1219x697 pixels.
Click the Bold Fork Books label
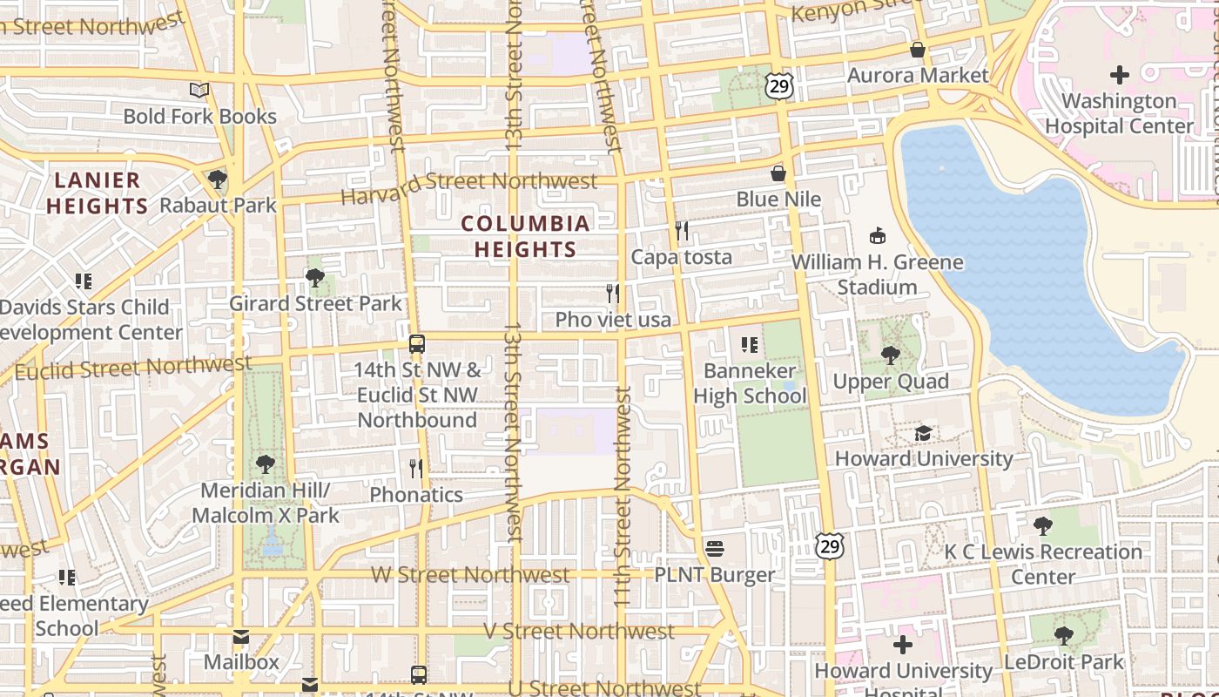coord(199,117)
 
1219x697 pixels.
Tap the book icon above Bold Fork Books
coord(199,90)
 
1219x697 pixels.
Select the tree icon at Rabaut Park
coord(217,179)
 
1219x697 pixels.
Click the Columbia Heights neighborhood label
coord(525,236)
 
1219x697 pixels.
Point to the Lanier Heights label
coord(97,193)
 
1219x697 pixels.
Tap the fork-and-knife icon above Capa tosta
coord(682,231)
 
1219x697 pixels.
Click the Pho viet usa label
coord(613,320)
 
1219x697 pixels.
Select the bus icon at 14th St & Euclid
coord(417,343)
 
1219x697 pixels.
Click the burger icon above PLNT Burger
coord(715,549)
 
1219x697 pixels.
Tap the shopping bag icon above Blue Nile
coord(778,173)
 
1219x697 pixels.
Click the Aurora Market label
coord(918,76)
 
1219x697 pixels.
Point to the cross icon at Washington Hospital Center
coord(1120,75)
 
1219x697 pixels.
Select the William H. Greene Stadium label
coord(877,274)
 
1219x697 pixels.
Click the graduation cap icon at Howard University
coord(923,433)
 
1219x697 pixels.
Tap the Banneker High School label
coord(750,383)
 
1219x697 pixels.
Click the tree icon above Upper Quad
coord(890,355)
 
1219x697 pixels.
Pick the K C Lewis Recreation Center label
coord(1043,564)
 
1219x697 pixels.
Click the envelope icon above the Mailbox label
coord(241,637)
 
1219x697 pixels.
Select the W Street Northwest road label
coord(470,575)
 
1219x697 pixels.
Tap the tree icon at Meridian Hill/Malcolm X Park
coord(266,464)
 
